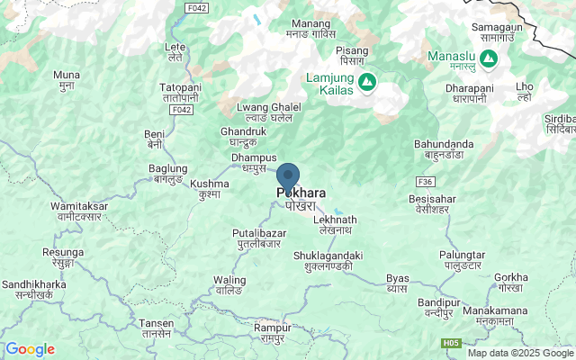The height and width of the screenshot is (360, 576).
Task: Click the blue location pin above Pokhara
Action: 288,175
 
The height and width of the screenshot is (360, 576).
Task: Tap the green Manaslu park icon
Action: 489,58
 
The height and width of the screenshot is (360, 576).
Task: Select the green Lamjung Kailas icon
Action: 367,83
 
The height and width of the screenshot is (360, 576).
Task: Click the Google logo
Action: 31,349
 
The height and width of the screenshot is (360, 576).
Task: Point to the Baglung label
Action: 167,174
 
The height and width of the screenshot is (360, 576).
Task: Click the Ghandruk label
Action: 243,137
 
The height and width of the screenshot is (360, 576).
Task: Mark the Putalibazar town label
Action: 257,238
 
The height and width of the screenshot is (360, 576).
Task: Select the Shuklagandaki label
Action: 328,261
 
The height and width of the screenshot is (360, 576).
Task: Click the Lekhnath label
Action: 336,225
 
